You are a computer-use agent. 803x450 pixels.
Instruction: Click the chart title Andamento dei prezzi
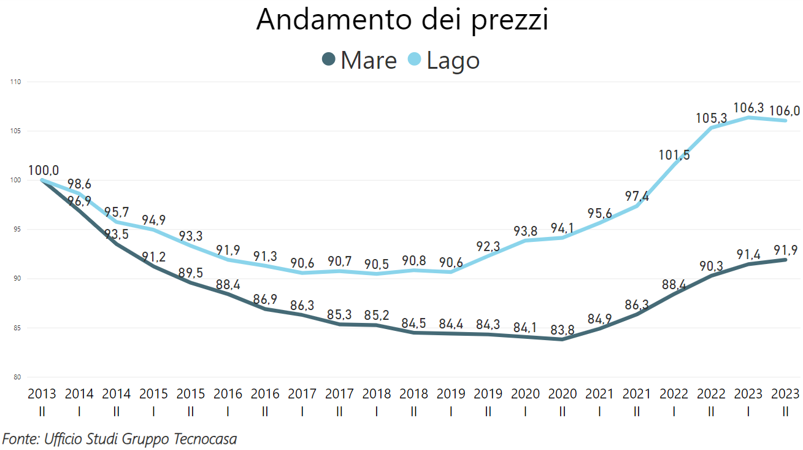(402, 20)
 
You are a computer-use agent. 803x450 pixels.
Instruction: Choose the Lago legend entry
(444, 60)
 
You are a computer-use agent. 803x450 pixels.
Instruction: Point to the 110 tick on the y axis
(15, 82)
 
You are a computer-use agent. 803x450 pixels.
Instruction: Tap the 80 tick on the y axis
(17, 377)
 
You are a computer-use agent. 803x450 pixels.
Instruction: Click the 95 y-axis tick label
(17, 230)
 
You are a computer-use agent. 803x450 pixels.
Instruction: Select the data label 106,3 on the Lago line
(748, 108)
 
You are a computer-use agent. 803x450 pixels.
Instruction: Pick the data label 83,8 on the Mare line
(562, 330)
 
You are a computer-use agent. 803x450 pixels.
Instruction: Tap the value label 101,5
(675, 155)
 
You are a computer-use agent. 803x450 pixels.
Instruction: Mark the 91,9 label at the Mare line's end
(786, 250)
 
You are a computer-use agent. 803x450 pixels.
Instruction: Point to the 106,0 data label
(786, 111)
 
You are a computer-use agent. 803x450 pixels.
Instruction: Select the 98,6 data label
(79, 184)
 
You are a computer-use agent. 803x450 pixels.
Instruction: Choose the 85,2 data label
(376, 316)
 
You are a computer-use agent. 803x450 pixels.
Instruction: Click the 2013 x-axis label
(42, 394)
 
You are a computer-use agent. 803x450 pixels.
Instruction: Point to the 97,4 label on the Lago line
(637, 197)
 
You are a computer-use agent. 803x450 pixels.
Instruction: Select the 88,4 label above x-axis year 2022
(674, 285)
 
